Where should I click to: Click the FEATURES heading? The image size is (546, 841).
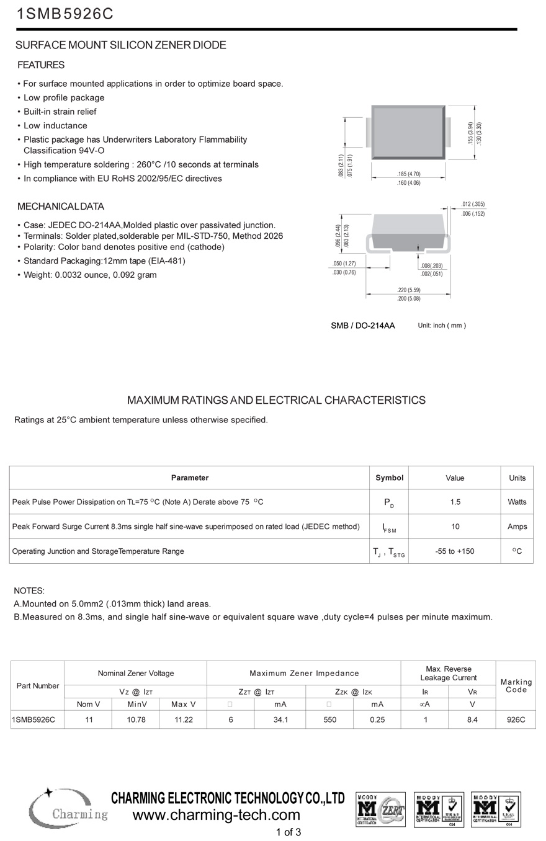[x=41, y=65]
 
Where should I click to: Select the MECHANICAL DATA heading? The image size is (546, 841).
[x=61, y=207]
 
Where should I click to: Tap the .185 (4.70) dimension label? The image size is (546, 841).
[x=408, y=174]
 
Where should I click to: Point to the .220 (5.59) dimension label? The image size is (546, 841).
[x=408, y=290]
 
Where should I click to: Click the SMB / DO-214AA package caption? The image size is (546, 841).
[x=362, y=326]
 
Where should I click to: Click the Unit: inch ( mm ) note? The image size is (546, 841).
[x=442, y=326]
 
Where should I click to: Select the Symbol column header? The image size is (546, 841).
[x=389, y=478]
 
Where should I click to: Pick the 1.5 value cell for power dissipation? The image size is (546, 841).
[x=455, y=502]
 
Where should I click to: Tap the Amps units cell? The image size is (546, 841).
[x=517, y=527]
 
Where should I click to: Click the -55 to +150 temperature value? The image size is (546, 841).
[x=455, y=551]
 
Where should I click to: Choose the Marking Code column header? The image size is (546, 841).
[x=516, y=686]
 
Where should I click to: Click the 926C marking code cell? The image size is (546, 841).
[x=516, y=719]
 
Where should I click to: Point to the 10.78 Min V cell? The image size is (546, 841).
[x=136, y=719]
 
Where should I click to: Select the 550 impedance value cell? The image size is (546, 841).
[x=329, y=719]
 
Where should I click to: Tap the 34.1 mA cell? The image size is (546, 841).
[x=280, y=719]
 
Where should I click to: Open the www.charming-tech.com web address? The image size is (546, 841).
[x=217, y=815]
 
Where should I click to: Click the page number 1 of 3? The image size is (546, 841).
[x=289, y=832]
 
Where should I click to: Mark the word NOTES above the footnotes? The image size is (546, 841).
[x=29, y=591]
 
